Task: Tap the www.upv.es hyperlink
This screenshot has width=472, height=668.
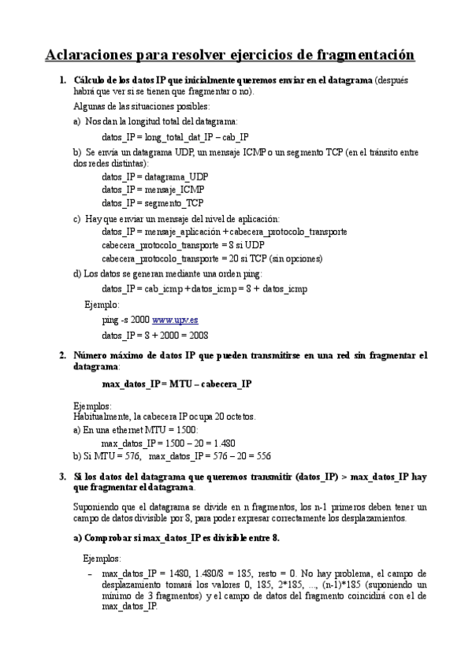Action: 174,321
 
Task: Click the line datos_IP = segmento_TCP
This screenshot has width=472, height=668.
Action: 152,202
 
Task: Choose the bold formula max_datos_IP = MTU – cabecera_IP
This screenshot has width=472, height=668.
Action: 177,384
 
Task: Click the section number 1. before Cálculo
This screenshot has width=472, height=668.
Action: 63,80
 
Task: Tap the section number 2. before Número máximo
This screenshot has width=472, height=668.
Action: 63,355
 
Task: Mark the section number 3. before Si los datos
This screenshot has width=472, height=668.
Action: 63,477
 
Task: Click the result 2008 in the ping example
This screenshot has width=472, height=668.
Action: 196,334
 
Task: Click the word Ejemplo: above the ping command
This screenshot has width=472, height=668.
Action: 102,304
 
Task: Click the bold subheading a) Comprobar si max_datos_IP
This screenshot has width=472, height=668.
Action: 176,537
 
